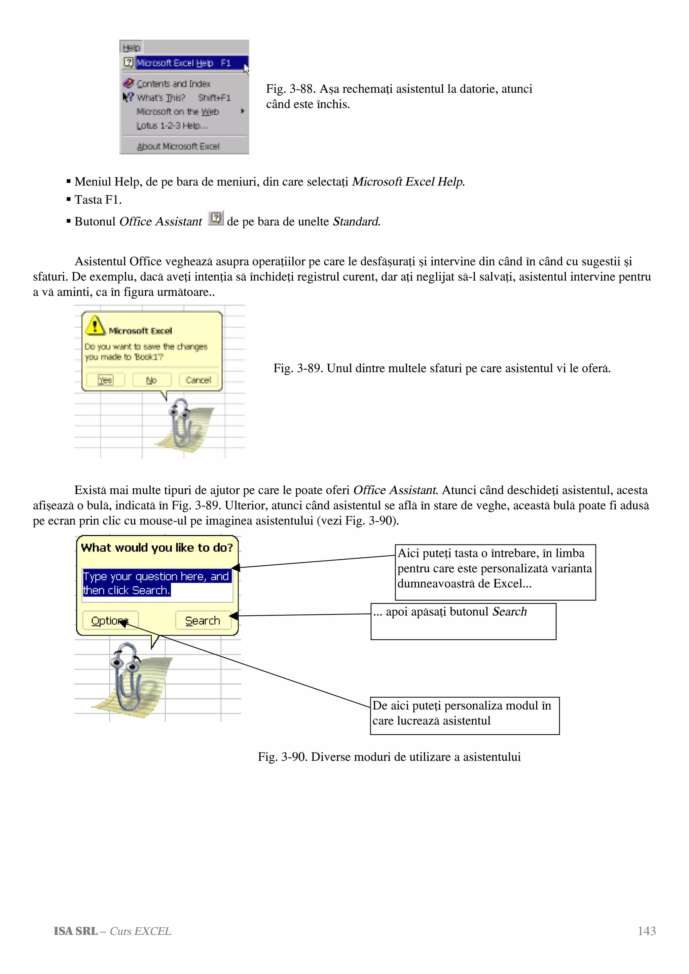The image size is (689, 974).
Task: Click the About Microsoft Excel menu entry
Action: pyautogui.click(x=178, y=146)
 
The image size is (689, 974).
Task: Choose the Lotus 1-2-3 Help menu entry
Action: pyautogui.click(x=172, y=126)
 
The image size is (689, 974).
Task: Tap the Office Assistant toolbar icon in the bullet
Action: pyautogui.click(x=216, y=218)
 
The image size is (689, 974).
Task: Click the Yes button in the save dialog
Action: pyautogui.click(x=105, y=380)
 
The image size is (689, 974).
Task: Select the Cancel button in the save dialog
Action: pyautogui.click(x=198, y=380)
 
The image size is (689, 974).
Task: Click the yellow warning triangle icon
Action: pyautogui.click(x=95, y=326)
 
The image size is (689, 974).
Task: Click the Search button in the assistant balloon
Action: pyautogui.click(x=203, y=621)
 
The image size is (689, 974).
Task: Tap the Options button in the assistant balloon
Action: pyautogui.click(x=110, y=621)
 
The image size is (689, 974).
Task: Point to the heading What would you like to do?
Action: pyautogui.click(x=157, y=547)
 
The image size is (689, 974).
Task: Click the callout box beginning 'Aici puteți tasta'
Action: pyautogui.click(x=495, y=572)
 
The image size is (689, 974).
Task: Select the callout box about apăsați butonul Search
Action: pyautogui.click(x=463, y=621)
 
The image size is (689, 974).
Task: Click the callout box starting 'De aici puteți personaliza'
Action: pyautogui.click(x=464, y=716)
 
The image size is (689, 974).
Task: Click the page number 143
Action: pyautogui.click(x=647, y=931)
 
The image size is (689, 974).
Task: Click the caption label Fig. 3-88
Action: pyautogui.click(x=291, y=89)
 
